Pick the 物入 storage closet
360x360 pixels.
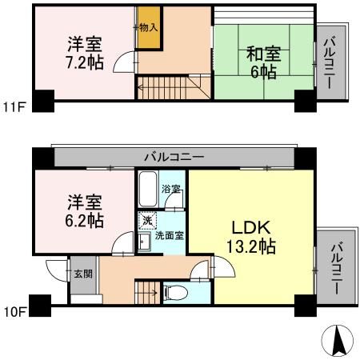(148, 28)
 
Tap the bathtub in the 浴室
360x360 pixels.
(148, 190)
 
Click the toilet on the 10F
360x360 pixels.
(175, 293)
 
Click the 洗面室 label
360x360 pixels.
(169, 236)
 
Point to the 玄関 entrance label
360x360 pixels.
(83, 273)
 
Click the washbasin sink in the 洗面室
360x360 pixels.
(146, 241)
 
